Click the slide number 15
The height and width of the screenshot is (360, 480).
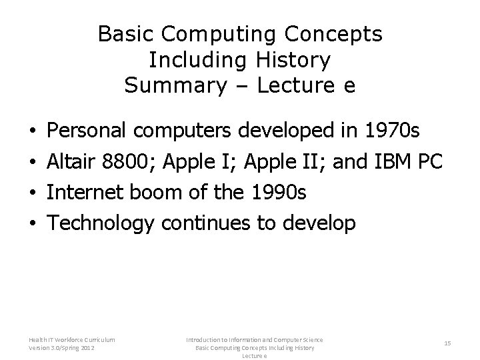tap(447, 343)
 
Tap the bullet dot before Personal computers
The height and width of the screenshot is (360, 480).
tap(33, 131)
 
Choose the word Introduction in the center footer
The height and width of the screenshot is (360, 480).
tap(204, 339)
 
